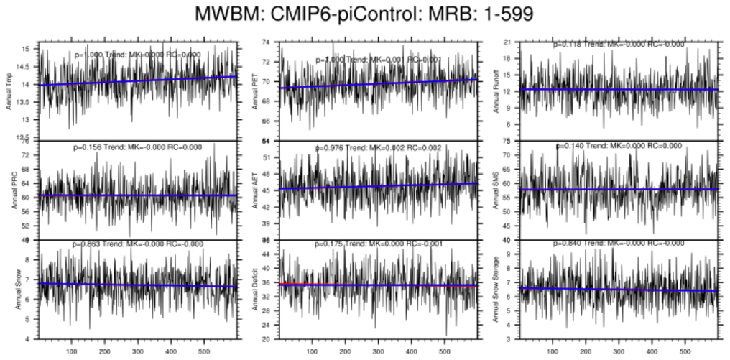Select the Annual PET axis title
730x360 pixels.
256,91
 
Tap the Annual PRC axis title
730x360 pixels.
17,190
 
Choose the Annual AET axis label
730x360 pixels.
256,190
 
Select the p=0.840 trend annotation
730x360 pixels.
619,244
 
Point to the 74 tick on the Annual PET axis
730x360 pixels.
266,42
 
